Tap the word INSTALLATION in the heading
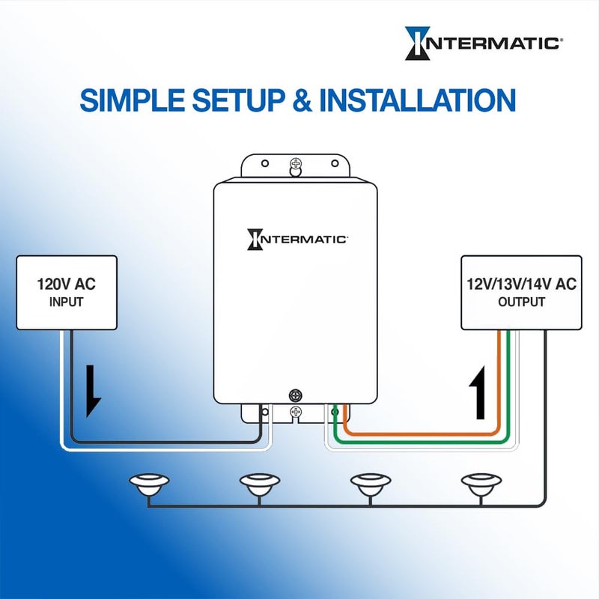coord(417,100)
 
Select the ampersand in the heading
coord(302,100)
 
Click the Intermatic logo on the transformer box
coord(297,239)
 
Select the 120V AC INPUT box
coord(67,292)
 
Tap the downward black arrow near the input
coord(93,389)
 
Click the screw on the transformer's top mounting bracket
coord(296,162)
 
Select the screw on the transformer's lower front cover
coord(296,393)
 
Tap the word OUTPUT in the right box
coord(521,302)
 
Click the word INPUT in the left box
coord(67,302)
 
